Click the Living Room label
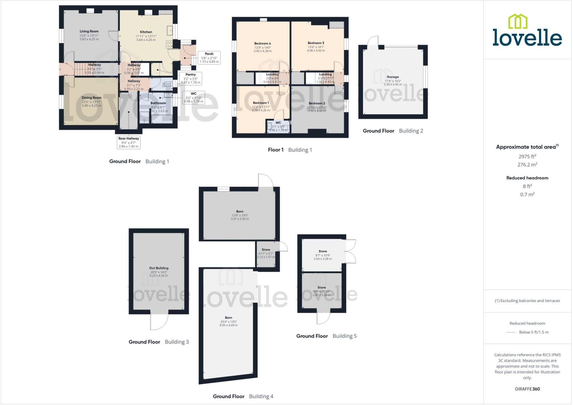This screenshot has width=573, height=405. pos(89,31)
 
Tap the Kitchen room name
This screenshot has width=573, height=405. pos(146,32)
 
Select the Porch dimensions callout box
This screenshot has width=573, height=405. pos(209,58)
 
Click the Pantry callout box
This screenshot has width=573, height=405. pos(191,78)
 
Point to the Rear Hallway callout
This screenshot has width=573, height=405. pos(128,142)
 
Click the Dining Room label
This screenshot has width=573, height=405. pos(91,98)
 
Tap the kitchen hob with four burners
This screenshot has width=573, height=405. pos(169,45)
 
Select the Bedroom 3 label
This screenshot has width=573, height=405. pos(316,43)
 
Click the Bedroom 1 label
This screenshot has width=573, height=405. pos(261,103)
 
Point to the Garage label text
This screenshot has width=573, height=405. pos(393,77)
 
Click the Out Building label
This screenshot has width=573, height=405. pos(159,268)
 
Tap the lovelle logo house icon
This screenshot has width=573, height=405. pos(518,22)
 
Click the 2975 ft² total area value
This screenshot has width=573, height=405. pos(527,156)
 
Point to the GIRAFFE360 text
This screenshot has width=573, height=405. pos(527,389)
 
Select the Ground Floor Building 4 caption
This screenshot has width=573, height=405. pos(243,396)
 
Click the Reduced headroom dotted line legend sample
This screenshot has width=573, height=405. pos(511,332)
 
